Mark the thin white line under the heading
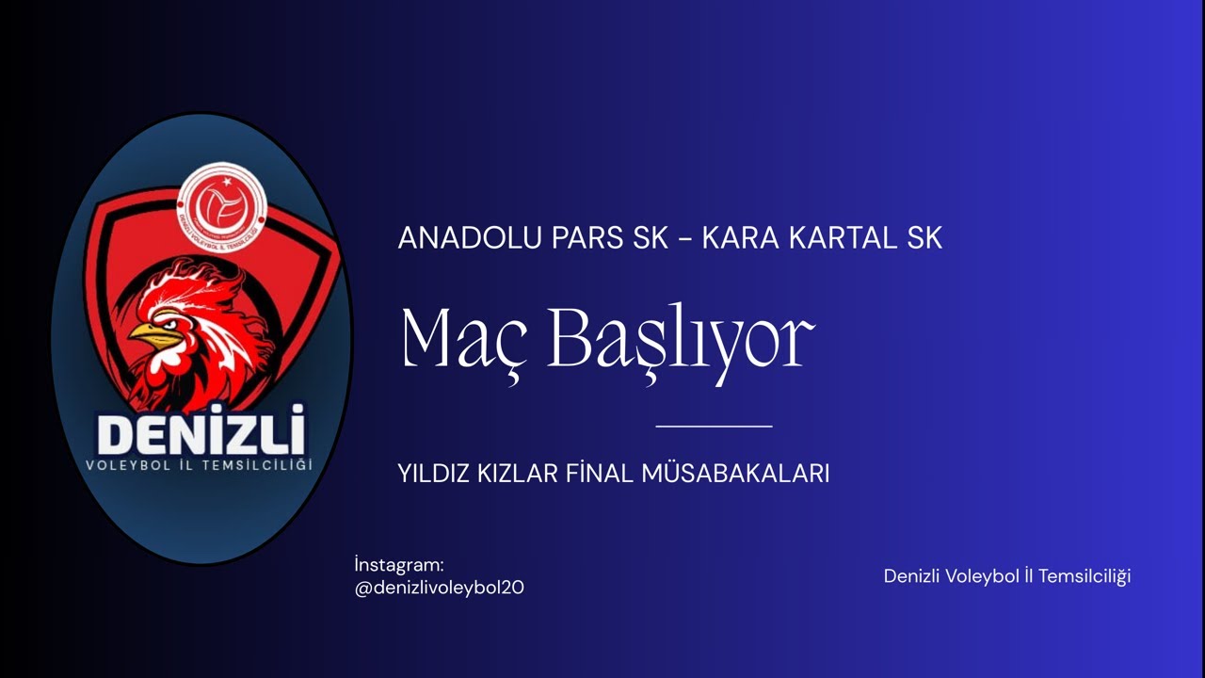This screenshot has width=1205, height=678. pyautogui.click(x=714, y=427)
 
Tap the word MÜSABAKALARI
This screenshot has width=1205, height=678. pyautogui.click(x=735, y=474)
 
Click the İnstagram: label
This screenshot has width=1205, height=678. pyautogui.click(x=398, y=565)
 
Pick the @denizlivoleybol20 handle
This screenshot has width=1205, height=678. pyautogui.click(x=439, y=588)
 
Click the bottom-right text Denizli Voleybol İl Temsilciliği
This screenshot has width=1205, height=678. pyautogui.click(x=1006, y=576)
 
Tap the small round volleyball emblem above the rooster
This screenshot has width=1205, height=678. pyautogui.click(x=223, y=208)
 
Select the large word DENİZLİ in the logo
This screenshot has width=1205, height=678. pyautogui.click(x=201, y=434)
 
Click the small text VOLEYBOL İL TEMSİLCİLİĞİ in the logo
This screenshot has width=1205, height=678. pyautogui.click(x=199, y=465)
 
